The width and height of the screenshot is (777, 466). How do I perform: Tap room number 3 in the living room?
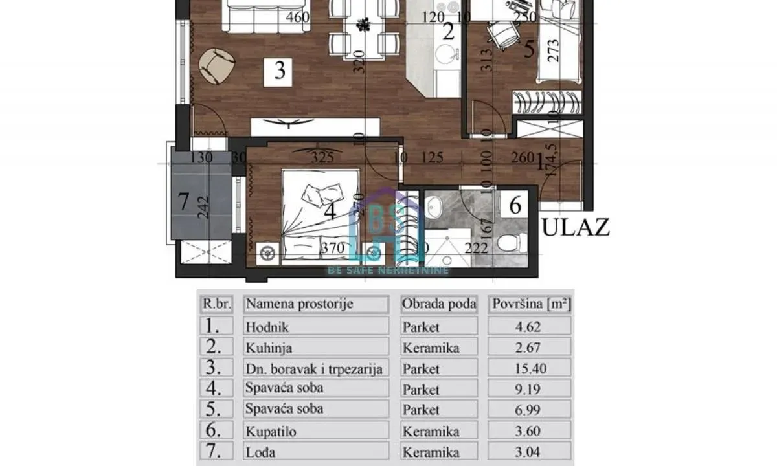pos(279,70)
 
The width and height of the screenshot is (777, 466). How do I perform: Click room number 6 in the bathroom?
pos(515,206)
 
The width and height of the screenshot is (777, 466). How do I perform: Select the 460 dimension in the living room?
pos(297,18)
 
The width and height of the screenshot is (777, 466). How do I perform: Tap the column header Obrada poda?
pos(439,304)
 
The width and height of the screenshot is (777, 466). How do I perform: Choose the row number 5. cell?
pos(216,410)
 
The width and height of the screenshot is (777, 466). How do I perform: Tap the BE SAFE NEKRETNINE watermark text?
pos(388,270)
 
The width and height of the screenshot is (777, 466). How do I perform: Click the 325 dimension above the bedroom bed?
pos(322,157)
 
